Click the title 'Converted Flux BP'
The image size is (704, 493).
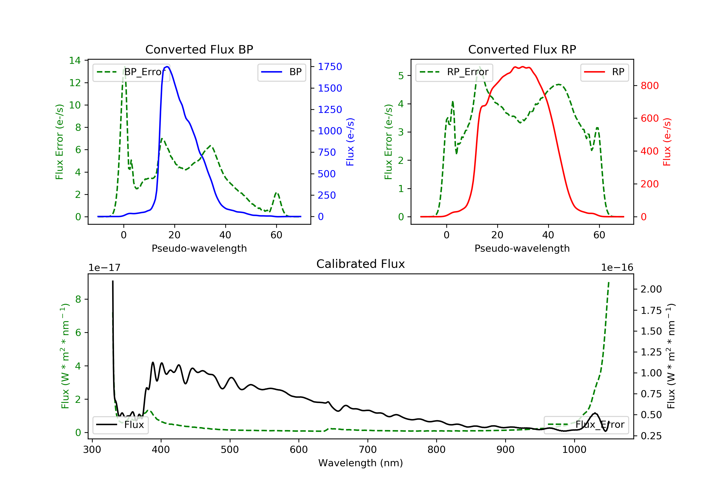(x=199, y=49)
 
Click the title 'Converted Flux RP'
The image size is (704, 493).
(x=522, y=49)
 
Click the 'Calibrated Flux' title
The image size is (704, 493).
(x=361, y=264)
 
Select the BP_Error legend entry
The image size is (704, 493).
(x=131, y=72)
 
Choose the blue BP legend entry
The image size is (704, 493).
(x=281, y=72)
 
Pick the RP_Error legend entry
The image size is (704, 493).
(x=454, y=72)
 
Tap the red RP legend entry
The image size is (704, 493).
(x=604, y=72)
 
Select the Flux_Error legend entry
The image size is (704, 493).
(x=586, y=425)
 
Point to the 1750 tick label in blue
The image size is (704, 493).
(x=330, y=67)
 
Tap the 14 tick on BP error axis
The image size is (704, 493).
(x=75, y=60)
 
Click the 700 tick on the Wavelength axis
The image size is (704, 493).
(x=368, y=450)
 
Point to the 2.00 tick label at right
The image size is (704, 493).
(x=651, y=289)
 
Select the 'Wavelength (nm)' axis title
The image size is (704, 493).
(x=361, y=463)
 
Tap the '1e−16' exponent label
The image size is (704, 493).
(x=617, y=268)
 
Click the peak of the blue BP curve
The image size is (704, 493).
(x=167, y=67)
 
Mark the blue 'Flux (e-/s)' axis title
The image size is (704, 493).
(x=350, y=142)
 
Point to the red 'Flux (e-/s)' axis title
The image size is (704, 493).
(x=667, y=142)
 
